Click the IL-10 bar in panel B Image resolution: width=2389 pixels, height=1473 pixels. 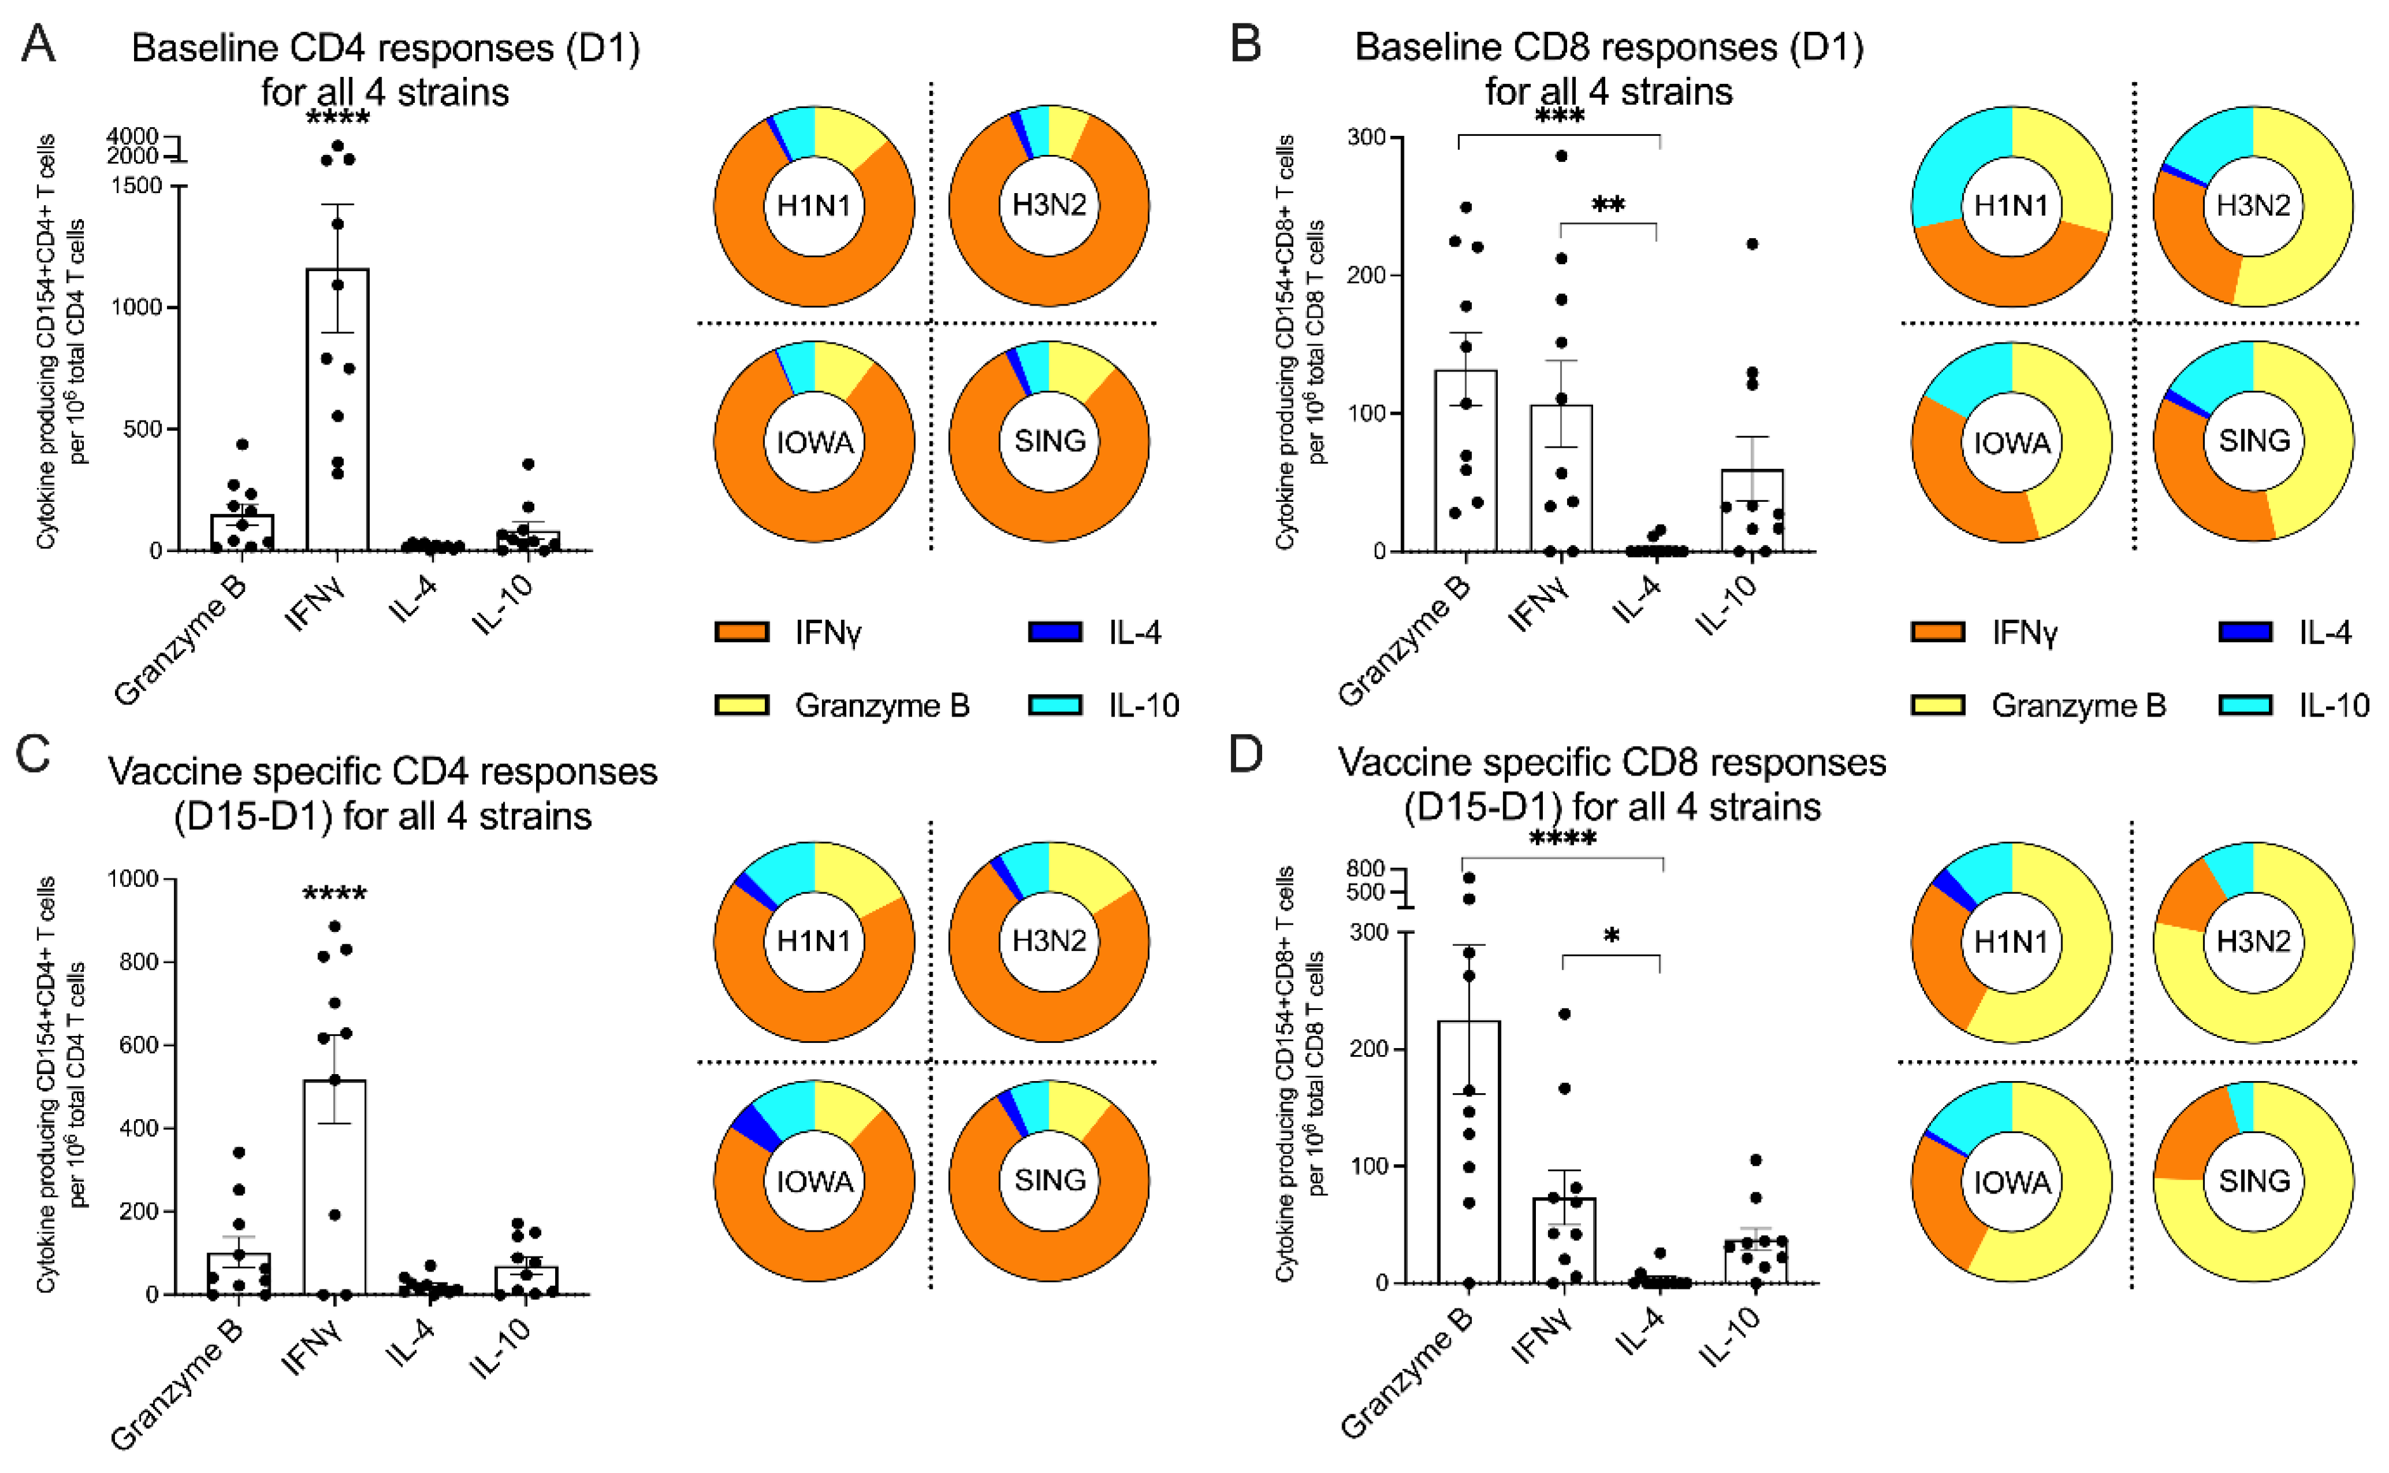[x=1751, y=511]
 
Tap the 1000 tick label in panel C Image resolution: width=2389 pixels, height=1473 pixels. [x=133, y=878]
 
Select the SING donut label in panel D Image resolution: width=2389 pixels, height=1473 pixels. [x=2254, y=1181]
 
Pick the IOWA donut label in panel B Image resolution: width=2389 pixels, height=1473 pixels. [x=2012, y=443]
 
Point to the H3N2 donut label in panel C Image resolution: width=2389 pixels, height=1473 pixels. [x=1049, y=941]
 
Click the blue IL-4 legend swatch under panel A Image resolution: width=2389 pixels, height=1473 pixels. [x=1054, y=632]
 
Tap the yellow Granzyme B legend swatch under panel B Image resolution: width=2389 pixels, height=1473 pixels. [x=1938, y=704]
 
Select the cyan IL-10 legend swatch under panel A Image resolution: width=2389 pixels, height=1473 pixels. [x=1054, y=704]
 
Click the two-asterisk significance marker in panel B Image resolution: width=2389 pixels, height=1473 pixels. [x=1608, y=206]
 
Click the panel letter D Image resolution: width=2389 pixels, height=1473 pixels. [x=1246, y=756]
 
